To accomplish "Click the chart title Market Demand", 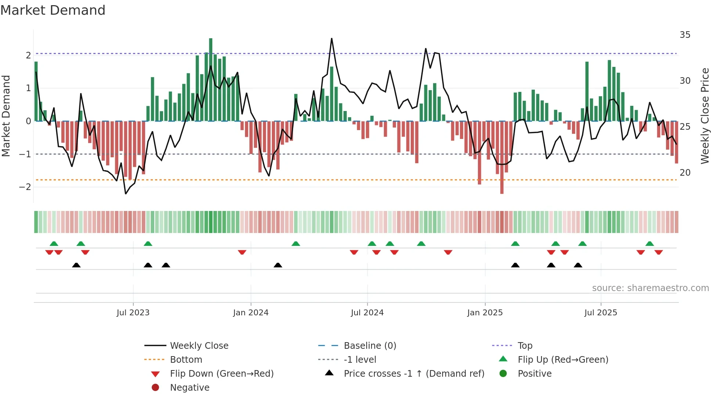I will click(53, 10).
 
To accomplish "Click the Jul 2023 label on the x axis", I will click(133, 313).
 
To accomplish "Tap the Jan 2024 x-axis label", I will click(251, 313).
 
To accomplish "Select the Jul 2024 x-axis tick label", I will click(367, 313).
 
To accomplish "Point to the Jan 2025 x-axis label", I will click(485, 313).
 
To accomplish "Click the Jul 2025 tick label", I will click(601, 313).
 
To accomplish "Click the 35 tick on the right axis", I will click(685, 35).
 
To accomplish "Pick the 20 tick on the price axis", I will click(685, 173).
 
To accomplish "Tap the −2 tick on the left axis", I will click(25, 187).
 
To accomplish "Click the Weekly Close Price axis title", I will click(705, 116).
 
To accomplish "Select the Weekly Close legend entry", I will click(199, 346).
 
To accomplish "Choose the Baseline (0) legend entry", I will click(370, 346).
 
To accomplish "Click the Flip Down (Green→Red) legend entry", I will click(222, 374).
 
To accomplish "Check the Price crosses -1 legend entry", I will click(414, 374).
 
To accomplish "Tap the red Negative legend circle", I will click(155, 388).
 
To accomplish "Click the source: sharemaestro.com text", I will click(650, 288).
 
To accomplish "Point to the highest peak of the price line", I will click(332, 39).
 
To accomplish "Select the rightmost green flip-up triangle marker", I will click(649, 244).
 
